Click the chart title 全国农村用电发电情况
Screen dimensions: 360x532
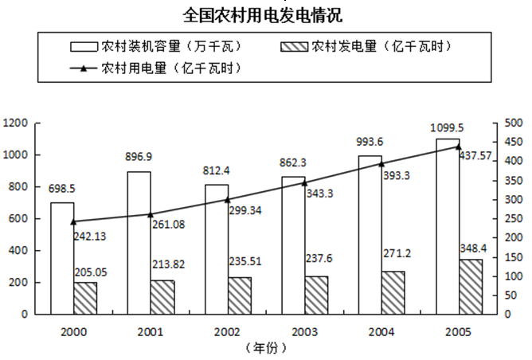point(266,15)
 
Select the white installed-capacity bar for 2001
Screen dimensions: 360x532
point(139,242)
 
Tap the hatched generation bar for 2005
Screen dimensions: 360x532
point(471,286)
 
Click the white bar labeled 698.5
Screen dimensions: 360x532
point(62,258)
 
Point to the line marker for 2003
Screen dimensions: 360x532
point(304,182)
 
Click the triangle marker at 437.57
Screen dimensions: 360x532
point(458,147)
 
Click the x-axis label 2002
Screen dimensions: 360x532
point(227,331)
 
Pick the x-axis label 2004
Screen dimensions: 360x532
point(381,331)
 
